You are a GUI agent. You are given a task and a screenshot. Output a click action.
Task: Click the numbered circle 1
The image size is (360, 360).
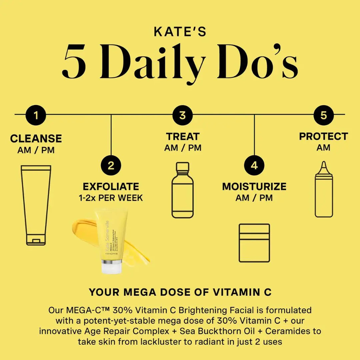click(x=36, y=115)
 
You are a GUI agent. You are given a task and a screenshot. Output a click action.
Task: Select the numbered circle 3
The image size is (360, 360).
click(x=182, y=115)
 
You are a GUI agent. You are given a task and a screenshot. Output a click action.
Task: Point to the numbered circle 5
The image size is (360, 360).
click(x=324, y=115)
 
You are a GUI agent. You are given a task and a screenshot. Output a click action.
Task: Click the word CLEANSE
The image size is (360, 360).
click(x=36, y=138)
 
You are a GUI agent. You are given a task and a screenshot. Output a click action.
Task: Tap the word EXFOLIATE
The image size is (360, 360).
click(x=111, y=186)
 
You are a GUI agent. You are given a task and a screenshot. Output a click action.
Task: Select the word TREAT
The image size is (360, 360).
click(x=183, y=136)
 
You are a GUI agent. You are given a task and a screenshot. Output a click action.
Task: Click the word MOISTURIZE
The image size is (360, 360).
click(x=254, y=186)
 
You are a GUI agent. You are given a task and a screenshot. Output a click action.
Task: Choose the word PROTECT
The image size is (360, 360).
click(x=323, y=136)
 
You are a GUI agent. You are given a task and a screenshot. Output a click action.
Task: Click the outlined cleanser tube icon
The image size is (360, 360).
click(x=36, y=205)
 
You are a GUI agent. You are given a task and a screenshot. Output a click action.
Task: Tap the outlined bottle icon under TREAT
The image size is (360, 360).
click(x=182, y=190)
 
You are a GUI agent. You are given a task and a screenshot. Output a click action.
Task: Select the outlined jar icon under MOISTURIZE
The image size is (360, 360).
click(x=254, y=243)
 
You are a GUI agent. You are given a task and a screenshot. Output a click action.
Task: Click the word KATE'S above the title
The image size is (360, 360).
click(x=180, y=32)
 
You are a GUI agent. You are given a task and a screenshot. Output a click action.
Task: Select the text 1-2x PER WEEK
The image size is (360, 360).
click(x=111, y=198)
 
